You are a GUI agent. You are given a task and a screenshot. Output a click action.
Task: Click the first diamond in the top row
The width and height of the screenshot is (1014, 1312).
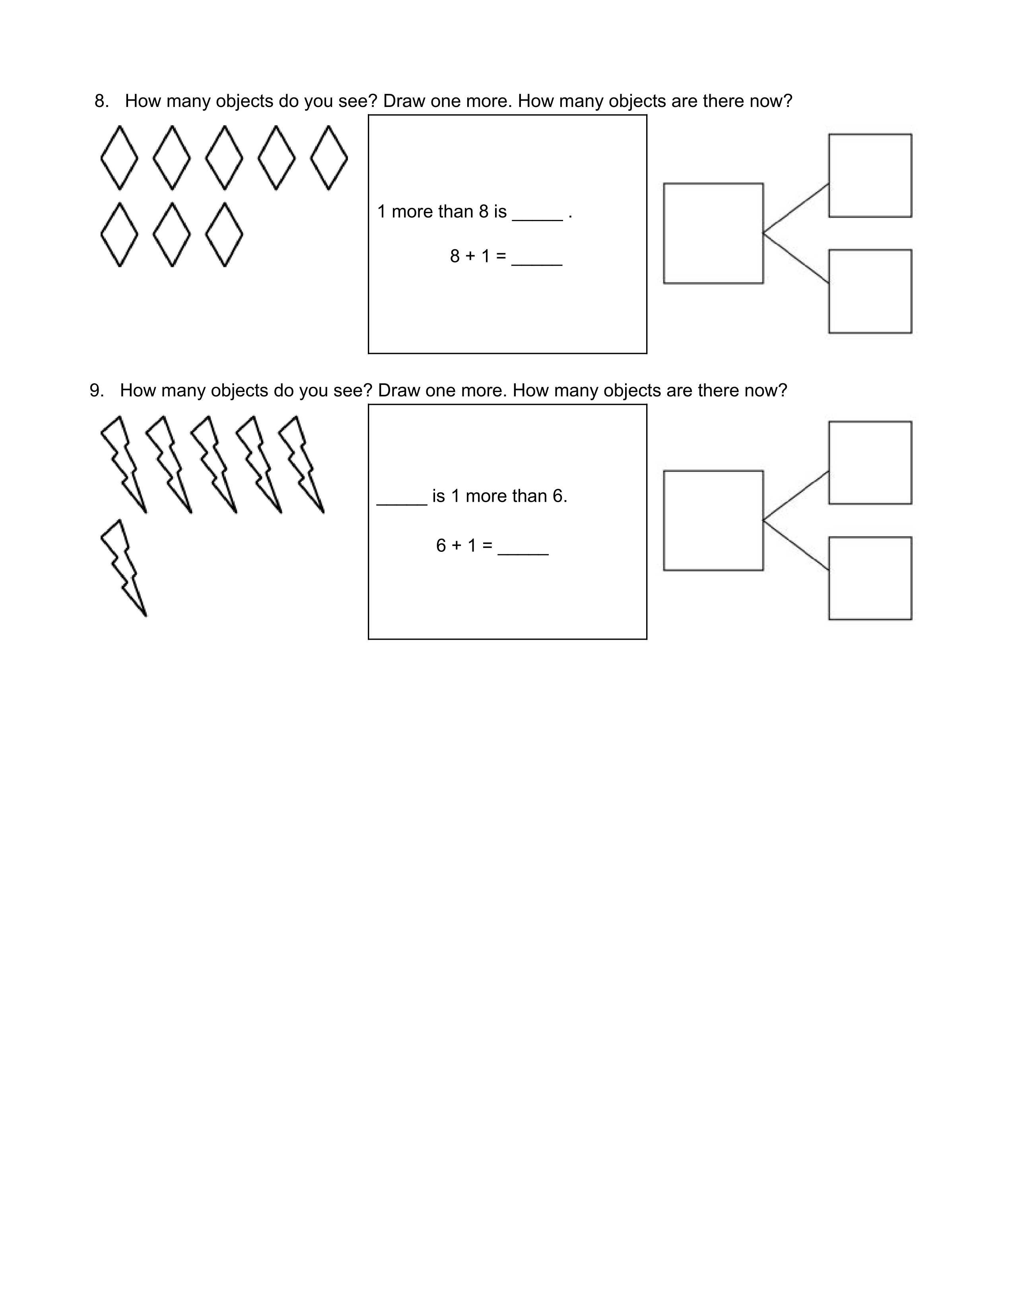pos(119,158)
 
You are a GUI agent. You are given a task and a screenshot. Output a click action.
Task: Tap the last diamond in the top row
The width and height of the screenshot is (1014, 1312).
pos(328,158)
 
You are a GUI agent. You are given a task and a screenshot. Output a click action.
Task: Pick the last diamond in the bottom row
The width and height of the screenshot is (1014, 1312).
pos(224,234)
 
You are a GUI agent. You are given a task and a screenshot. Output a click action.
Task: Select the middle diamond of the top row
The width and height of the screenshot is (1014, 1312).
pos(224,158)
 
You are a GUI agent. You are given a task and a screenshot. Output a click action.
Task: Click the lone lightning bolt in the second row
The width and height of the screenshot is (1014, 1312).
pos(125,568)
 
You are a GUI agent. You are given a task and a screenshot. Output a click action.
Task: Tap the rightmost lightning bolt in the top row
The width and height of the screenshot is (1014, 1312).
pos(303,464)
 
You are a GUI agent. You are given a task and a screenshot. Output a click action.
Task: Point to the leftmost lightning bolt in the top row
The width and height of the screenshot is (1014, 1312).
pos(125,464)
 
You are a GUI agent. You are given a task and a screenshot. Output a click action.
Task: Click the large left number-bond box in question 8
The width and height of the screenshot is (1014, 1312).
pos(713,233)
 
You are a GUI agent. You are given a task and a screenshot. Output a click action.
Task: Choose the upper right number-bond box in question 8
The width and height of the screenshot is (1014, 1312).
pos(870,175)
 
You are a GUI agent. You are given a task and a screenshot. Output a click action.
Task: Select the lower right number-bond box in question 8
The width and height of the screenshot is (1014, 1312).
pos(870,291)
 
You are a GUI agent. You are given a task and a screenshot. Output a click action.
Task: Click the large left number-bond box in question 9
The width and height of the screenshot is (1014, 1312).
pos(713,520)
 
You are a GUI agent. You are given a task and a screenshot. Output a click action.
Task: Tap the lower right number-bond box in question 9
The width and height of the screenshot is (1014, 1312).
pos(870,578)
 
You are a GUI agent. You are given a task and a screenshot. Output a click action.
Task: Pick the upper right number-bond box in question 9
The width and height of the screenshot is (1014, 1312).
pos(870,462)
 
